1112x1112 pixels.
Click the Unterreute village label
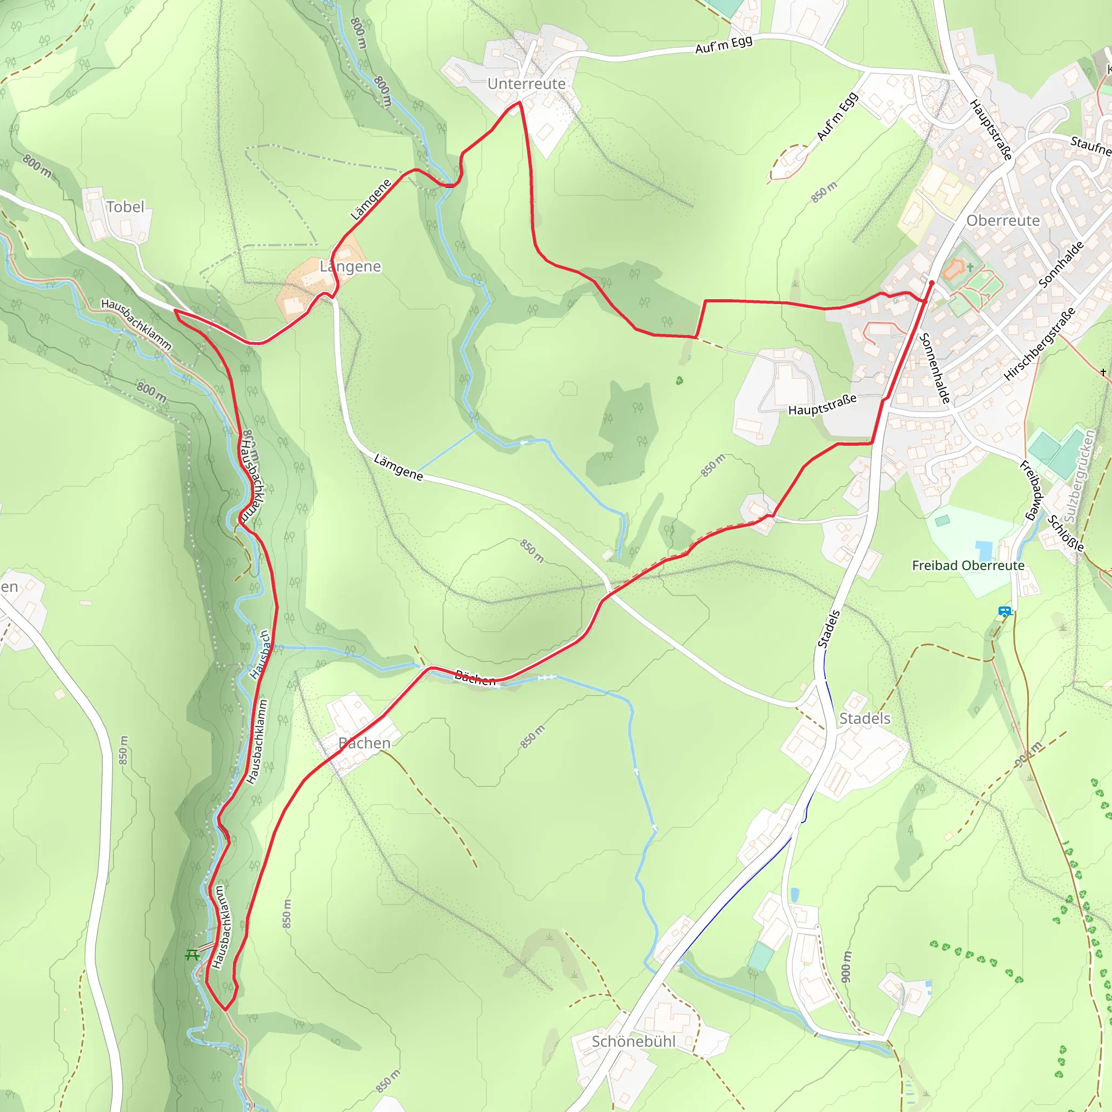tap(526, 84)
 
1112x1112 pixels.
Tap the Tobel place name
tap(125, 207)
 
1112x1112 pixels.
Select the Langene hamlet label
tap(350, 267)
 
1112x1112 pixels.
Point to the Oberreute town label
tap(1003, 221)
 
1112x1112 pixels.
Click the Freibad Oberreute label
tap(968, 566)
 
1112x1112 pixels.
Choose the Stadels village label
tap(864, 718)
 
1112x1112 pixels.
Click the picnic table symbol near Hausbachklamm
tap(192, 955)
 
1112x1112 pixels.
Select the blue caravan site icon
tap(1005, 612)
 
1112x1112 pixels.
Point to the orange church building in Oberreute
tap(955, 268)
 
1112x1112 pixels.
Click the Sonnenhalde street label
tap(935, 368)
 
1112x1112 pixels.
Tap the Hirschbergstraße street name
tap(1039, 344)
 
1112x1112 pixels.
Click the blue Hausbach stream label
tap(261, 654)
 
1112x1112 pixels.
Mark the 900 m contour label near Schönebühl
tap(845, 966)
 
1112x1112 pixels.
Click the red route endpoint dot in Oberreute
tap(932, 282)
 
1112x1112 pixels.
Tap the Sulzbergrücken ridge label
tap(1079, 477)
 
